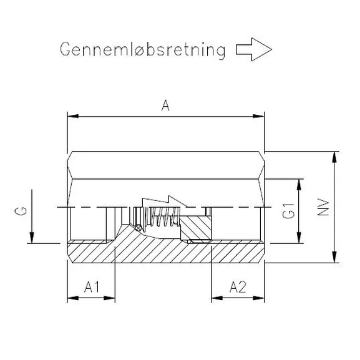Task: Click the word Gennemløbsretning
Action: (142, 50)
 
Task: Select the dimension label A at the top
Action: (165, 106)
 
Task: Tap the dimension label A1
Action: (91, 287)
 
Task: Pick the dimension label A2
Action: (238, 287)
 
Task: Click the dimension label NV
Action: (323, 207)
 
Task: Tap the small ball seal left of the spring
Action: (137, 228)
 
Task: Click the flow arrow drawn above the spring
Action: (163, 202)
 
